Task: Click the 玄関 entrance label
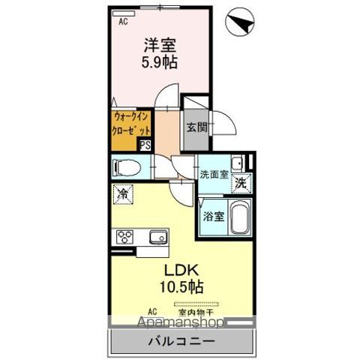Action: coord(196,127)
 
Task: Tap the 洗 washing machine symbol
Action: coord(240,183)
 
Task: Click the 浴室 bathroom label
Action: coord(212,217)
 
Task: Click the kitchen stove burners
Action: coord(124,238)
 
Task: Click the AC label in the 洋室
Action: coord(123,21)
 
